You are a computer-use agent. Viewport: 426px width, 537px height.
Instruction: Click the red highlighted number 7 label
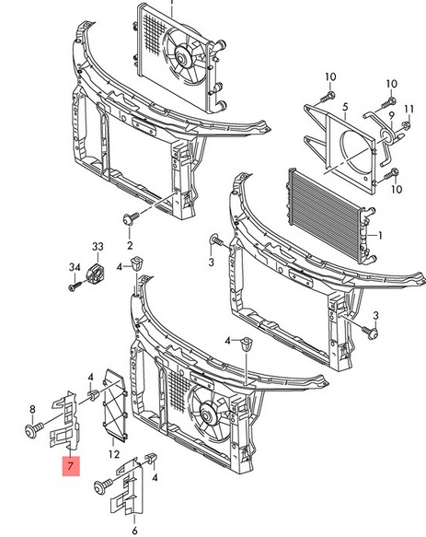click(x=71, y=466)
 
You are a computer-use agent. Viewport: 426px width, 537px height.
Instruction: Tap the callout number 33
click(x=98, y=247)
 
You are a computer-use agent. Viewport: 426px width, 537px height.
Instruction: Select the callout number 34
click(x=75, y=267)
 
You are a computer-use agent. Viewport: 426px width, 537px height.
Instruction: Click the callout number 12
click(x=114, y=454)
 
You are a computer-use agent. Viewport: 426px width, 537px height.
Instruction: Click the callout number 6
click(x=135, y=531)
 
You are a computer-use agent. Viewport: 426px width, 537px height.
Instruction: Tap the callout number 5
click(x=345, y=107)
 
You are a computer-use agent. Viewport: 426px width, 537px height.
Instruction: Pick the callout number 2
click(x=130, y=245)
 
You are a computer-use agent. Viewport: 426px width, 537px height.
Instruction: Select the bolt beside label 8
click(x=35, y=429)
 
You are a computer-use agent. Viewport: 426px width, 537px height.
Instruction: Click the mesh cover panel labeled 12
click(x=115, y=404)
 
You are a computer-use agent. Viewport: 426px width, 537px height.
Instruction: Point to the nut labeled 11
click(x=406, y=126)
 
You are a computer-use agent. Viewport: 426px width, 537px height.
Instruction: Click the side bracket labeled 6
click(x=127, y=486)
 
